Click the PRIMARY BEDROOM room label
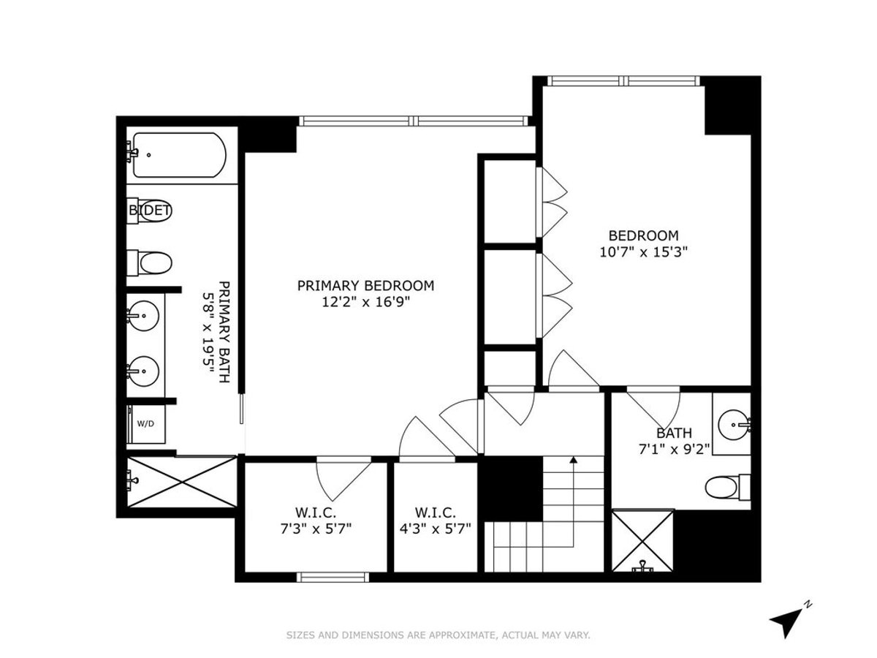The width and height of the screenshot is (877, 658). tap(365, 285)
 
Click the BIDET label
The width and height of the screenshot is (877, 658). tap(150, 211)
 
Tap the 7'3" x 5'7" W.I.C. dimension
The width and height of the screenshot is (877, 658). tap(314, 529)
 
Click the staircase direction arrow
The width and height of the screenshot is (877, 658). tap(574, 461)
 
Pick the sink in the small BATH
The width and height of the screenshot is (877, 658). tap(733, 423)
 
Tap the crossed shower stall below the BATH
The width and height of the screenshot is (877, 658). tap(642, 541)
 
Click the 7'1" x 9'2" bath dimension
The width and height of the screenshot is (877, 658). tap(674, 449)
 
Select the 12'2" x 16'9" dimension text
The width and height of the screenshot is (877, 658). tap(365, 301)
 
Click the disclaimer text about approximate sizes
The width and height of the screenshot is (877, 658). tap(438, 635)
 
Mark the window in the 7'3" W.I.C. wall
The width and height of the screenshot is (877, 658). tap(333, 577)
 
